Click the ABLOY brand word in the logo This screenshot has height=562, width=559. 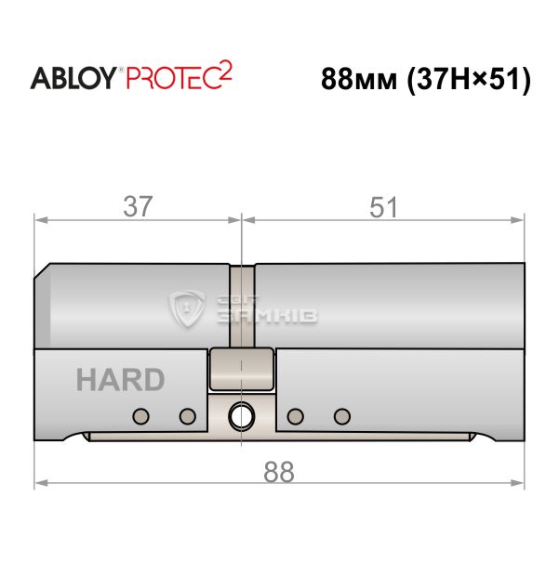[73, 78]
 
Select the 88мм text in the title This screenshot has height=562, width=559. [359, 79]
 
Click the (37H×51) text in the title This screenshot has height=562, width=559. [469, 80]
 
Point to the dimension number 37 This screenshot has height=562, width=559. [138, 206]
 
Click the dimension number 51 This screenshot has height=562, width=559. [383, 207]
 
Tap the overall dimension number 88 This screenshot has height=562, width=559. [279, 473]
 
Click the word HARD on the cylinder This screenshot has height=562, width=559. [120, 380]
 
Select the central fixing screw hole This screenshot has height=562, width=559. [242, 416]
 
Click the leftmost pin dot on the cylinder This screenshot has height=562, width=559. [140, 416]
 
